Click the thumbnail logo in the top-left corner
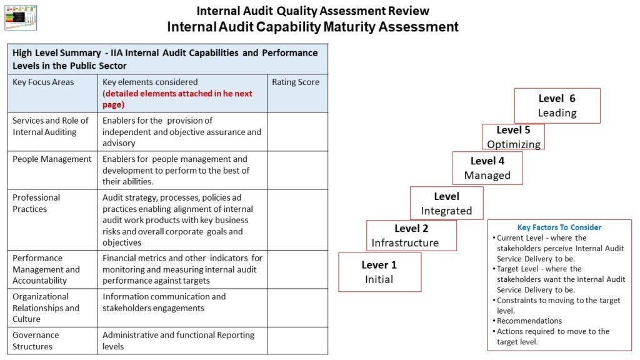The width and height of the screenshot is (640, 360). pos(21,17)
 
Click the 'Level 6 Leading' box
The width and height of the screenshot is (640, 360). pos(557,106)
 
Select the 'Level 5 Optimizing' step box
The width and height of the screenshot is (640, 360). pos(513,137)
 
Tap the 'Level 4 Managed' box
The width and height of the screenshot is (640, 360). pos(487,168)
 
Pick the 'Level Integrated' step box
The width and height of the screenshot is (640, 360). pos(446,203)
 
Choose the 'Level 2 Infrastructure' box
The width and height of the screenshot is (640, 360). pos(411,236)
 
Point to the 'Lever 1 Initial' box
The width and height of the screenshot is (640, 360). pos(379,272)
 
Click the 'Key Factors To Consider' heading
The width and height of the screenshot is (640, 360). pos(559,227)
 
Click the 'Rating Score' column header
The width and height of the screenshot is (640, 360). pos(296,82)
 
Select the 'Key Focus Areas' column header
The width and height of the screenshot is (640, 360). pos(43,82)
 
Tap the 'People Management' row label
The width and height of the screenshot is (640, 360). pos(52,159)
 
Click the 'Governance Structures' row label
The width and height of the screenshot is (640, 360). pos(36,341)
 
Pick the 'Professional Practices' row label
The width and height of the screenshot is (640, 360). pos(36,203)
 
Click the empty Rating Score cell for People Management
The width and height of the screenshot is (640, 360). pos(297,170)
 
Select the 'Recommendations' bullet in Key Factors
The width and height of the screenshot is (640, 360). pos(529,321)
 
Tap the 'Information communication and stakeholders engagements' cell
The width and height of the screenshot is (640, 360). pos(164,302)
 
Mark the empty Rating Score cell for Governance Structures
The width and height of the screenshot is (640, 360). pos(297,341)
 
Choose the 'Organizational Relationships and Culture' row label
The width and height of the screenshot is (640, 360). pos(46,307)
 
